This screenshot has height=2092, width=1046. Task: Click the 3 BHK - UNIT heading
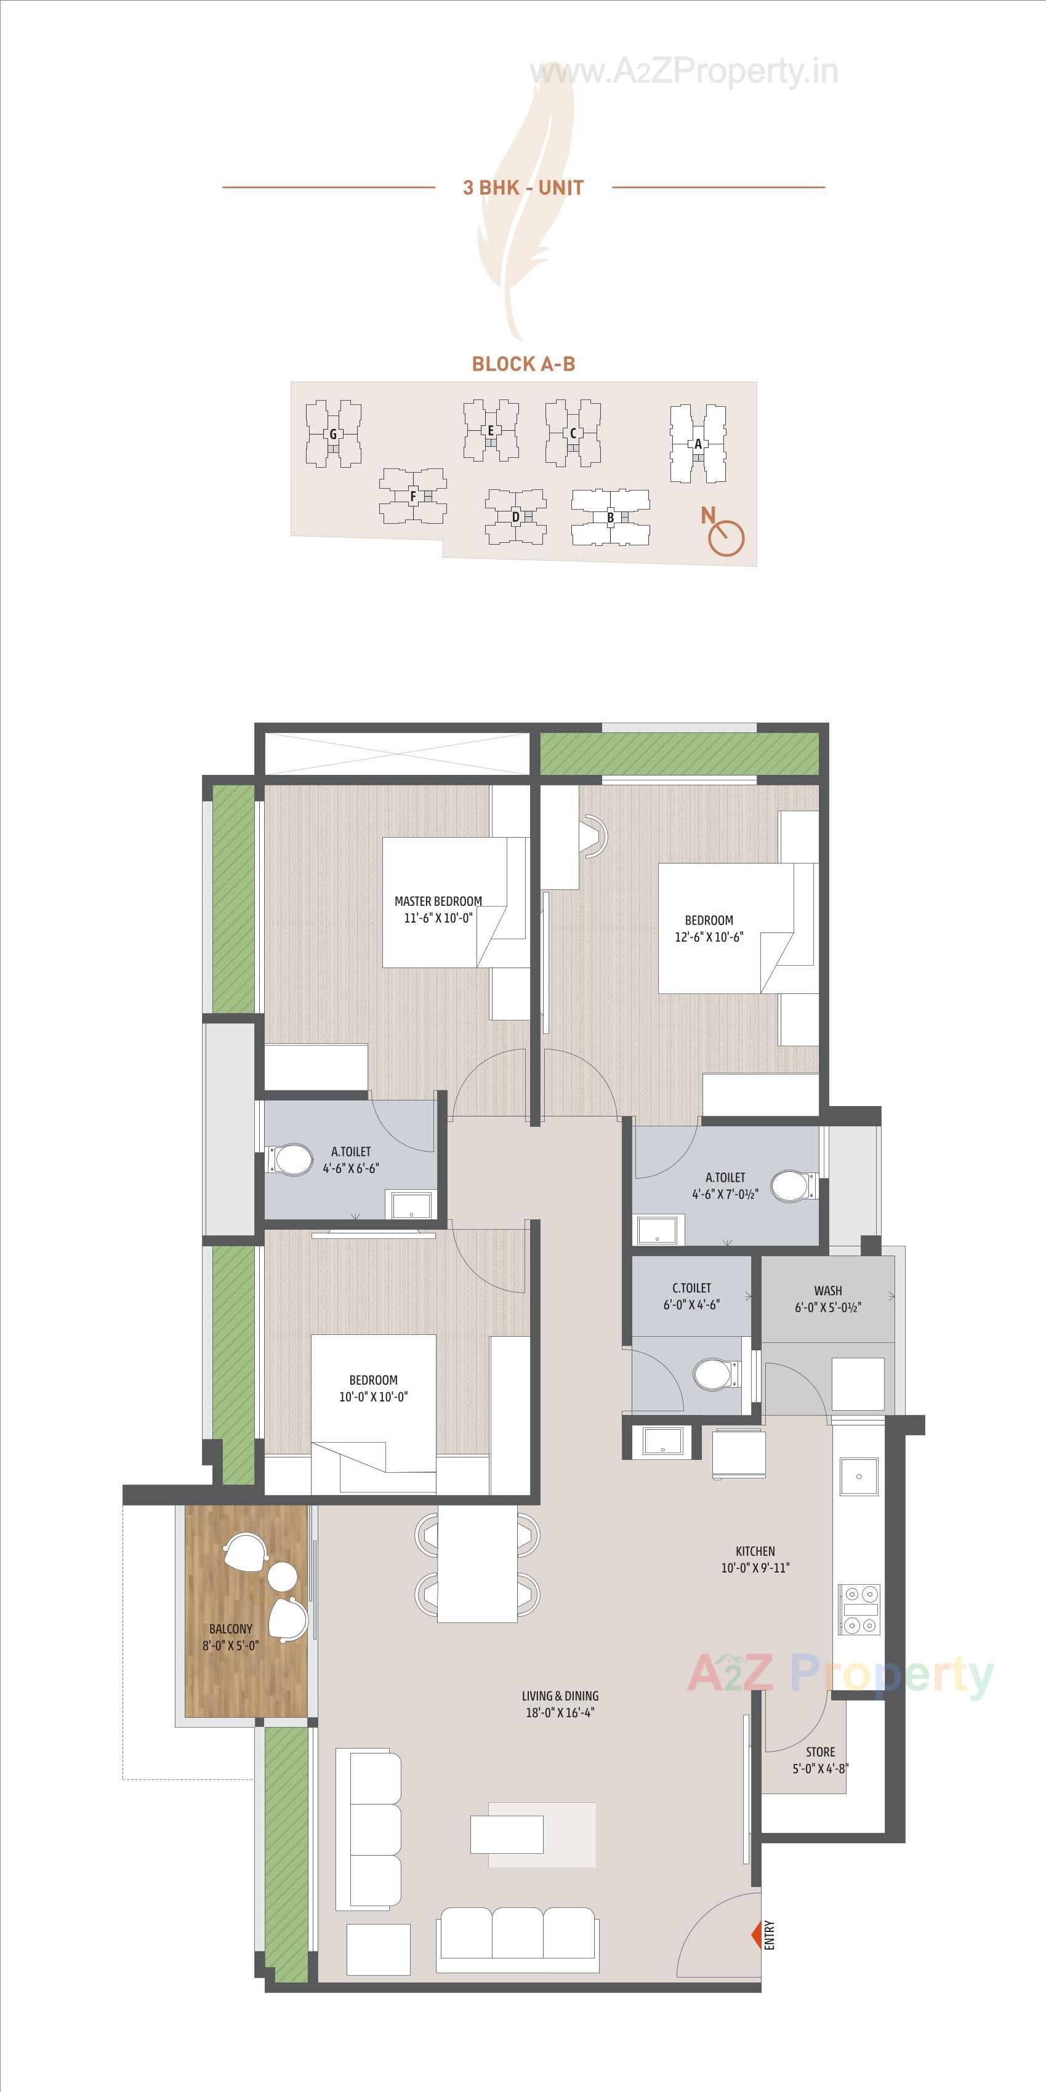click(x=523, y=188)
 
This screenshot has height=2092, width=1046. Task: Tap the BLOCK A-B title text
click(x=523, y=364)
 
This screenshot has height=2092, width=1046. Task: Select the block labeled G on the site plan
click(x=333, y=435)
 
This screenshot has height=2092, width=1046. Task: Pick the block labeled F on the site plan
click(x=412, y=496)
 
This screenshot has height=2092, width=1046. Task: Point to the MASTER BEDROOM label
click(x=438, y=900)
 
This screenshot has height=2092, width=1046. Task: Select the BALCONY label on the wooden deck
click(x=231, y=1629)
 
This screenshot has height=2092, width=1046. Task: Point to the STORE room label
click(x=820, y=1752)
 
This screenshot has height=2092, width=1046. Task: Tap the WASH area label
click(x=827, y=1291)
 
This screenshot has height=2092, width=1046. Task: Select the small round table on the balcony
click(x=283, y=1576)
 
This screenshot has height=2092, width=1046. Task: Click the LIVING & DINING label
click(x=560, y=1696)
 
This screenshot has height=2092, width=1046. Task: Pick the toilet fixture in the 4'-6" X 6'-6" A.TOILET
click(x=292, y=1160)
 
